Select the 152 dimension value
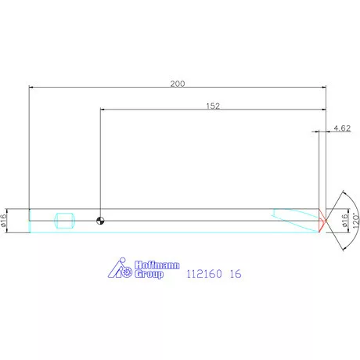click(212, 105)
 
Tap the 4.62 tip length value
click(340, 128)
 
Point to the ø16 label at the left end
click(5, 220)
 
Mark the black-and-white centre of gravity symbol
click(100, 220)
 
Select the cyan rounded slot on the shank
click(63, 220)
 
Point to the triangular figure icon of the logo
click(115, 269)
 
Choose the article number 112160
click(202, 275)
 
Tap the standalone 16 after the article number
click(235, 275)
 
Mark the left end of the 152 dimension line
click(100, 110)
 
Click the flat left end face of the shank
click(29, 220)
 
